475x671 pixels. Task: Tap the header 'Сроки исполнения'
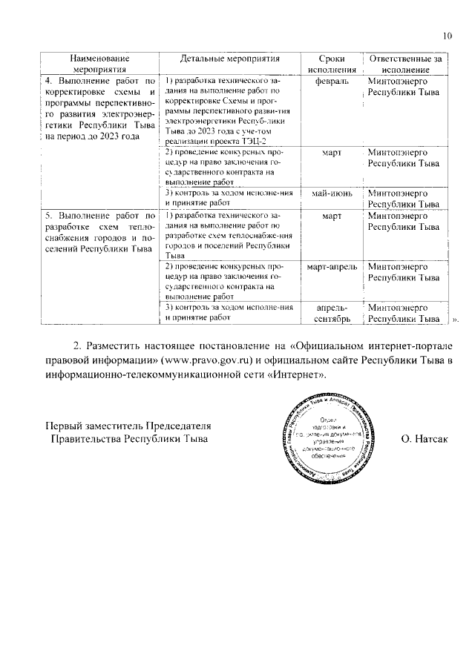(327, 63)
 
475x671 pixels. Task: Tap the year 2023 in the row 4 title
(117, 136)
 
